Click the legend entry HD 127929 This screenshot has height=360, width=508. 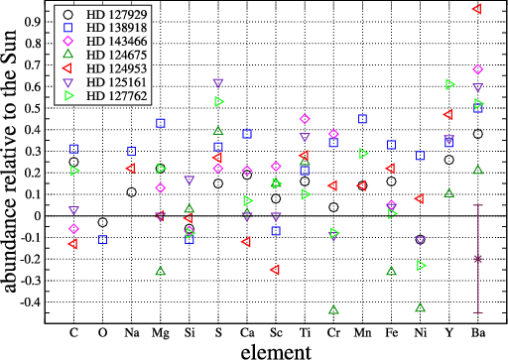pos(117,14)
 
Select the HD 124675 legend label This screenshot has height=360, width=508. pos(117,55)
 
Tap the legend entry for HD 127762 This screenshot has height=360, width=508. pos(117,96)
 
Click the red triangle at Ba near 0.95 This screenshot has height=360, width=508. pos(477,9)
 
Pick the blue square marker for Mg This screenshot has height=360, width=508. pos(161,123)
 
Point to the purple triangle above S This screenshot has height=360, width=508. pos(218,83)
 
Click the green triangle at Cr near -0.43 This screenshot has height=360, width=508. pos(333,309)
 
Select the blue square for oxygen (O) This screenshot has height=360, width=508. pos(103,239)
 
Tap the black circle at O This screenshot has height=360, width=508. pos(103,222)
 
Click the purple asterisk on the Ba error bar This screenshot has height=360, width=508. pos(477,259)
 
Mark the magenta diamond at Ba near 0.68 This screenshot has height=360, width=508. pos(477,69)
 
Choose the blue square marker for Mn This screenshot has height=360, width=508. pos(362,119)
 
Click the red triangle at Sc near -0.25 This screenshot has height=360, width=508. pos(275,270)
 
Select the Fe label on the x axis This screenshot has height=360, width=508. pos(391,332)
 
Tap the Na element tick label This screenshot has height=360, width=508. pos(132,332)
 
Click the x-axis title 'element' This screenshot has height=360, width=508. pos(276,352)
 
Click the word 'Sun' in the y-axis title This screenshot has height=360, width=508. pos(9,47)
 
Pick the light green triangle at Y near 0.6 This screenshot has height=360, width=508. pos(449,84)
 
